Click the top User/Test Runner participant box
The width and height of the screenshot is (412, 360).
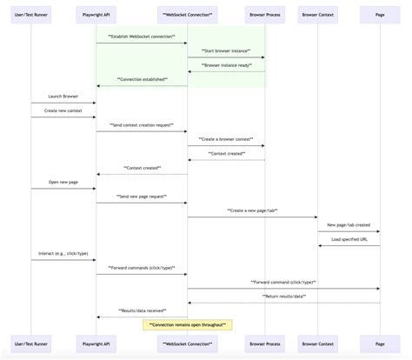pos(31,16)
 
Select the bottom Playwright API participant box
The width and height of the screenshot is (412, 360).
pos(96,344)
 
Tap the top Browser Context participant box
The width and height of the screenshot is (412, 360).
pos(317,16)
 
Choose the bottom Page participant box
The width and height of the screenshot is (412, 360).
pos(379,344)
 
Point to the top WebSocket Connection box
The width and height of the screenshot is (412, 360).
pos(188,16)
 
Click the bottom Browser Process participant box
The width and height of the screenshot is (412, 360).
pos(264,344)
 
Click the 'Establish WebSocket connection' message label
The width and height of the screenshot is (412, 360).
pos(142,37)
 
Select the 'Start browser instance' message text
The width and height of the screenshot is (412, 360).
pos(226,52)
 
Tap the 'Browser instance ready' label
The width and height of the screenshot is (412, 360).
pos(226,65)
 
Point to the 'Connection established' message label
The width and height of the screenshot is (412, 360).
pos(142,80)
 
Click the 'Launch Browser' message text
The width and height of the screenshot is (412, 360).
pos(63,97)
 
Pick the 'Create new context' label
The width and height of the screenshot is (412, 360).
pos(63,110)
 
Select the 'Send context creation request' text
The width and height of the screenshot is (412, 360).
pos(142,125)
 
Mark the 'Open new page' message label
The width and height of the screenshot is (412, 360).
pos(63,182)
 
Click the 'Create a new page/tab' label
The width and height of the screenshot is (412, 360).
pos(252,210)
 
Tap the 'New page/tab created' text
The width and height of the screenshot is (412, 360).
pos(349,224)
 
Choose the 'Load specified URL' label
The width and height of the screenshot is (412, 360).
pos(349,239)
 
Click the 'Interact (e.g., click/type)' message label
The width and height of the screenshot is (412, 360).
pos(63,253)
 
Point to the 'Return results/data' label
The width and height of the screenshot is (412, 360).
pos(283,297)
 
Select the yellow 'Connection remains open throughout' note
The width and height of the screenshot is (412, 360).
pos(188,324)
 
